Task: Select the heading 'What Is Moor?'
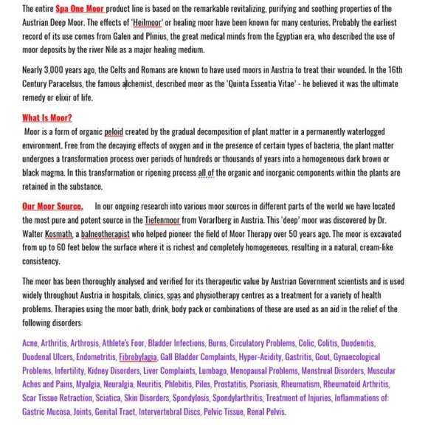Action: [x=47, y=117]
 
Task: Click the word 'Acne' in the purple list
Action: [x=30, y=343]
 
